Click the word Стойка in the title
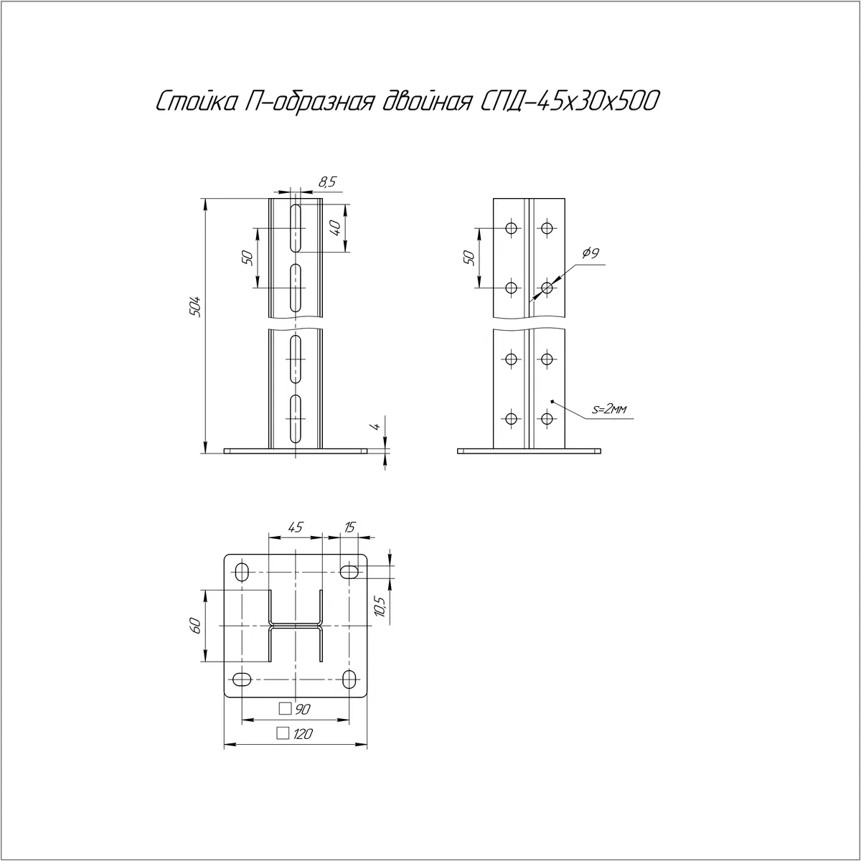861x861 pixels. (x=197, y=102)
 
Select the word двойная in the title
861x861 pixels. (x=426, y=102)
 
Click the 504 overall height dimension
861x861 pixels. (x=196, y=306)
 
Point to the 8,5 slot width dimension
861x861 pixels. (x=327, y=182)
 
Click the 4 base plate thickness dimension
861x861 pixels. (x=376, y=426)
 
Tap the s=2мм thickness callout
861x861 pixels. (x=609, y=409)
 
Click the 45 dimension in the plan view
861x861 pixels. (x=296, y=527)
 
